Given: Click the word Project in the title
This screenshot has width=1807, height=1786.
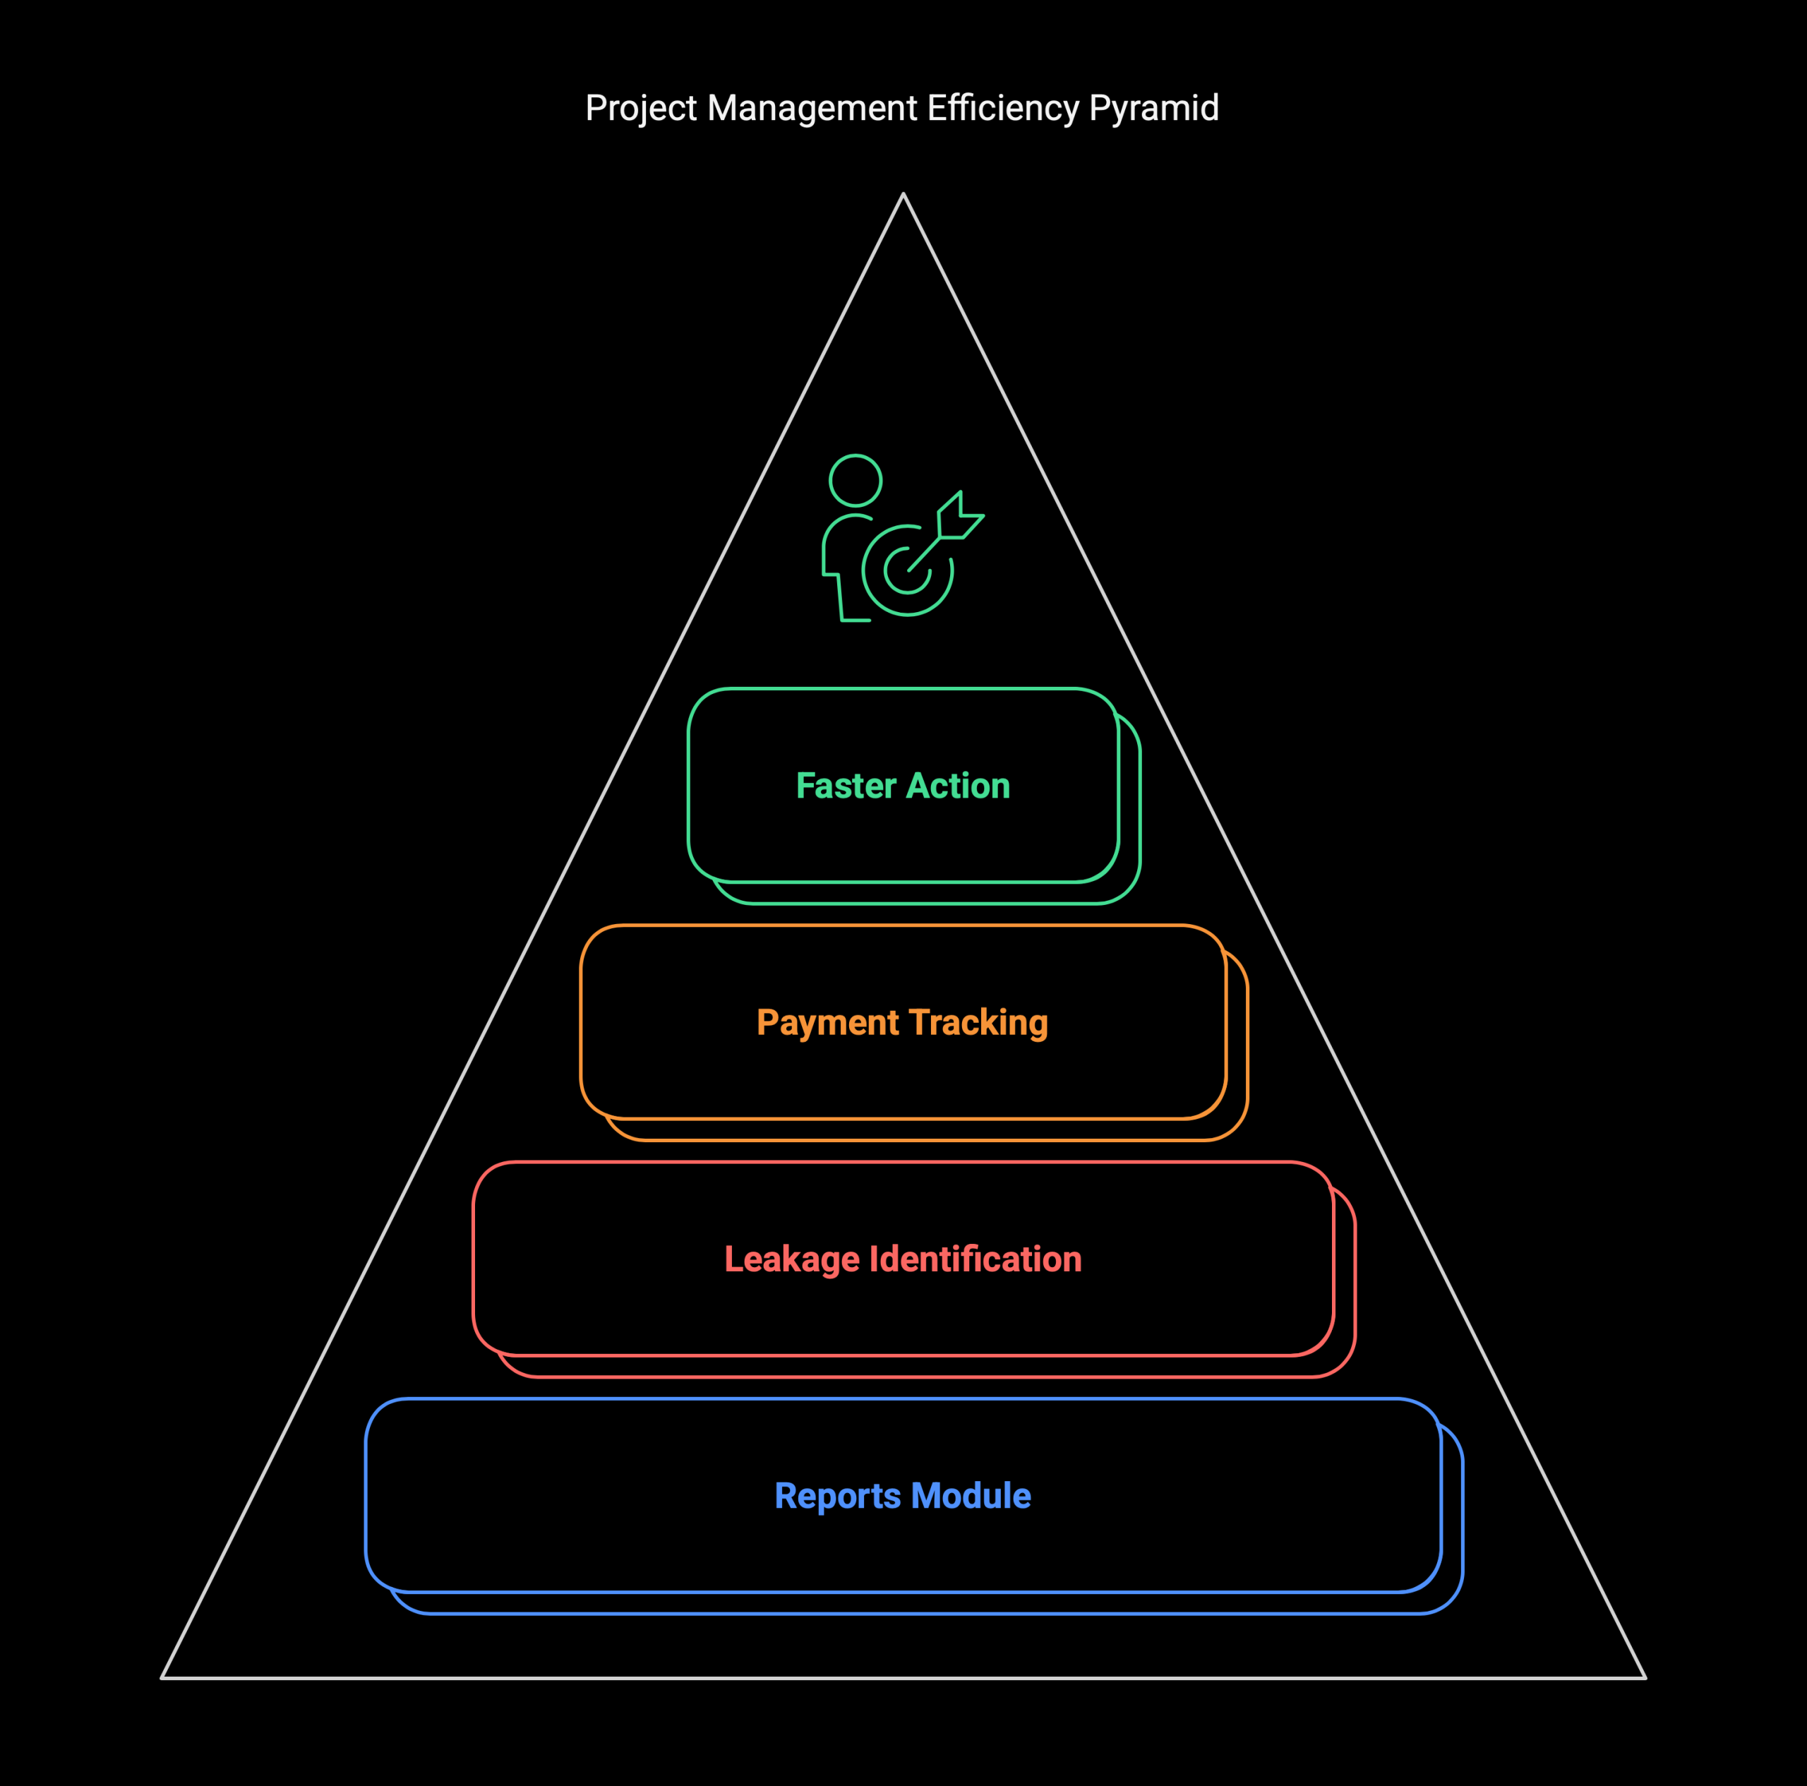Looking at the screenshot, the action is [641, 109].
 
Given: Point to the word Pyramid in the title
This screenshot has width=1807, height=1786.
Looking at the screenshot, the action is [1154, 109].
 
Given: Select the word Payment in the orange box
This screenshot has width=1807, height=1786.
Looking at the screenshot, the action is [827, 1024].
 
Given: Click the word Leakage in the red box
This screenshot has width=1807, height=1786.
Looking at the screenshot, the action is [791, 1260].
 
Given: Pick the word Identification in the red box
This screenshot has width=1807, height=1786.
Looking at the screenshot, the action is [975, 1259].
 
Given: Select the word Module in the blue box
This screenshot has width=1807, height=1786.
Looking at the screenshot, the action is [971, 1496].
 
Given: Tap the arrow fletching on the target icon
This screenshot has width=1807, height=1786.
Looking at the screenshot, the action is [961, 515].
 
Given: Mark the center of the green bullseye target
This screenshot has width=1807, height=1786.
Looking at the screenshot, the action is [907, 570].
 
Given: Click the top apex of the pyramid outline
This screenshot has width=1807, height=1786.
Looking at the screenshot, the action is [903, 193].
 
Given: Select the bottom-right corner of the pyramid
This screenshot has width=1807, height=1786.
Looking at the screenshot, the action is [1645, 1677].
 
